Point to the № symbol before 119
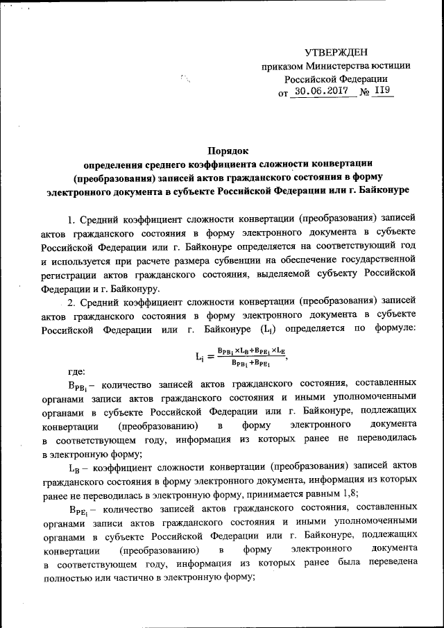(x=364, y=92)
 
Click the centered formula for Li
(x=240, y=357)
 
